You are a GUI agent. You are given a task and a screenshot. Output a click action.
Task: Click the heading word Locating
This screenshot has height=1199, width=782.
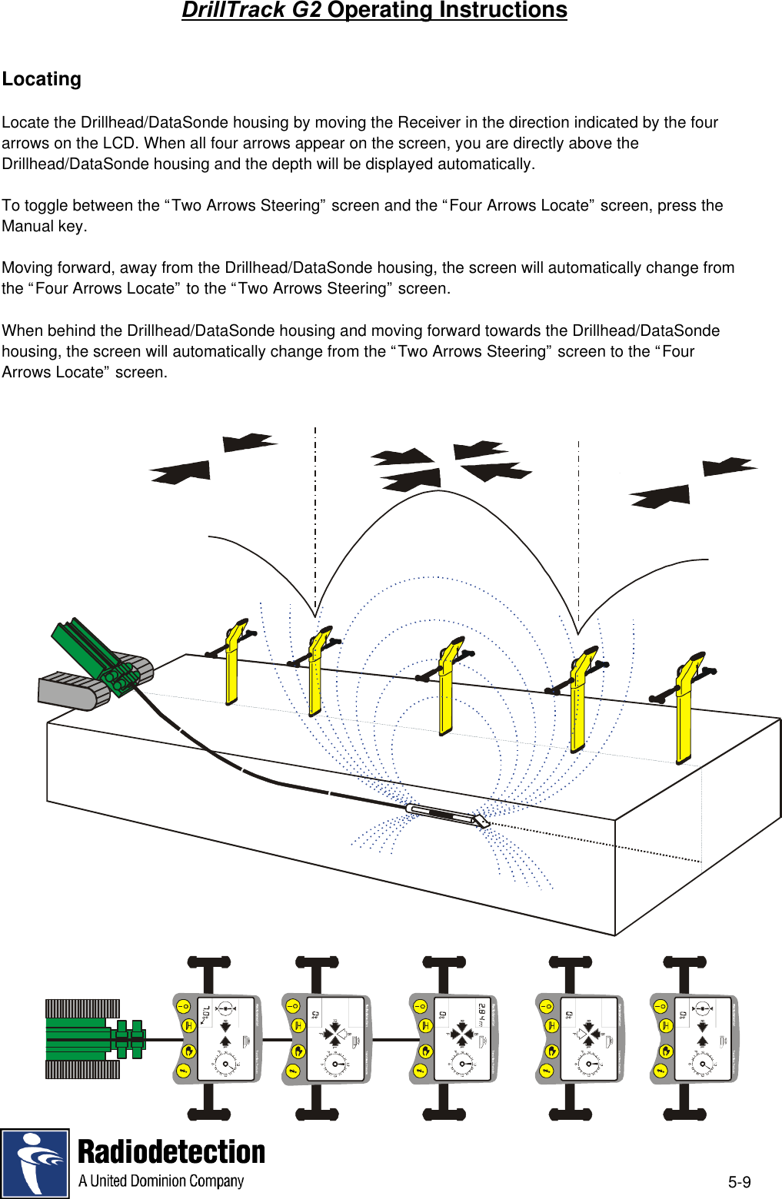[x=42, y=79]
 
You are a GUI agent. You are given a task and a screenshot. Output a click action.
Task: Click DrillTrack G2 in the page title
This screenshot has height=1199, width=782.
[x=251, y=11]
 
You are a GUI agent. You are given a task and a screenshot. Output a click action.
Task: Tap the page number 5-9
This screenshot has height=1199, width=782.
[x=739, y=1182]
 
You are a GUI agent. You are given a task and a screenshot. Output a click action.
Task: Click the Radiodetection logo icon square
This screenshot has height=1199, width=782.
[x=35, y=1163]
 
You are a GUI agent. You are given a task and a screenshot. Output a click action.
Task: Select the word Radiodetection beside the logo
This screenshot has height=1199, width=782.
[x=171, y=1152]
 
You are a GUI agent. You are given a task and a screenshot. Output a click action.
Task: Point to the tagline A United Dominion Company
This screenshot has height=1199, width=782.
[x=161, y=1181]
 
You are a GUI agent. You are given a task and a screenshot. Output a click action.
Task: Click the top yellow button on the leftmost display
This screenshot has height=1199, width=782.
[x=183, y=1007]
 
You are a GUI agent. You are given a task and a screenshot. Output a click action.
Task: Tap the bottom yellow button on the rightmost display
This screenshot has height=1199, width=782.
[x=661, y=1071]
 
